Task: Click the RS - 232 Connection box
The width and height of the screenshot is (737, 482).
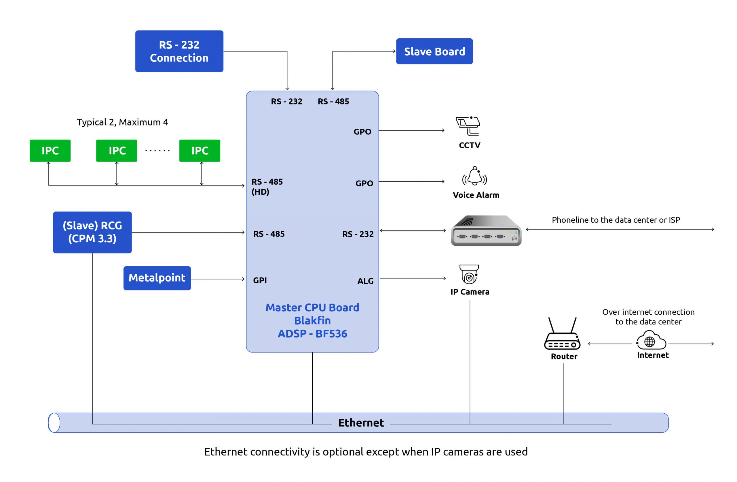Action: point(179,51)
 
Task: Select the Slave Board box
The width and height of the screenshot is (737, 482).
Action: point(434,51)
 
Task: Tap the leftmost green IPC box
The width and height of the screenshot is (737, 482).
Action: point(50,151)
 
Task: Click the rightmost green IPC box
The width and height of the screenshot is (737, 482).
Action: point(200,151)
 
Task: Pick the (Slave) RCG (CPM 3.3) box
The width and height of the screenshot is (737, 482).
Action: point(92,232)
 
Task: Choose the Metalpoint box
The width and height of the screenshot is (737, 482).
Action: point(157,278)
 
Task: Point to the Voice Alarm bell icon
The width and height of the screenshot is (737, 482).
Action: point(474,176)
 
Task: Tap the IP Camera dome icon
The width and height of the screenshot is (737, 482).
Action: point(469,274)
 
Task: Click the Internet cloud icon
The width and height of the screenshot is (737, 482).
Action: point(651,340)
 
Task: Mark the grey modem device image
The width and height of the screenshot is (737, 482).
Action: point(486,230)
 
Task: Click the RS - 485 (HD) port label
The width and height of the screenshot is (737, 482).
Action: point(267,186)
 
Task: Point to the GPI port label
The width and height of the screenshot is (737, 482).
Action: point(260,280)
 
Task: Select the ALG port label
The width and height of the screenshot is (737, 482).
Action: point(365,281)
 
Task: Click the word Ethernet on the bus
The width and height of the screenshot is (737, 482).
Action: point(361,423)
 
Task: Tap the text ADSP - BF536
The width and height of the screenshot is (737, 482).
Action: point(312,334)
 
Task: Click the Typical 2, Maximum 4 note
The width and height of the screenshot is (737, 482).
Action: point(122,122)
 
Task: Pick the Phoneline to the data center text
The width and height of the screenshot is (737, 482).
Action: point(616,220)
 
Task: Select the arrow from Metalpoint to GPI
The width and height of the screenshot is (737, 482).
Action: point(217,279)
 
